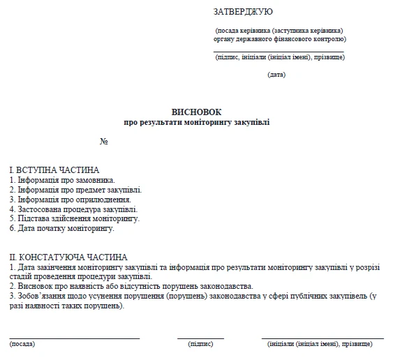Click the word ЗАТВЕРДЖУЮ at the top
(243, 12)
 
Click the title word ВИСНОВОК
(196, 112)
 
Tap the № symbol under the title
(104, 142)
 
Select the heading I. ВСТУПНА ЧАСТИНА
(54, 170)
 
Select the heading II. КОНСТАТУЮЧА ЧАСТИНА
(68, 257)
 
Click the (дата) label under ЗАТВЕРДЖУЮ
(276, 75)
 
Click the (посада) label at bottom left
(22, 344)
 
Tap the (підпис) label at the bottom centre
(200, 344)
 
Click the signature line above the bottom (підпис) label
(200, 338)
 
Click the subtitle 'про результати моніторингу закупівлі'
(196, 122)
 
